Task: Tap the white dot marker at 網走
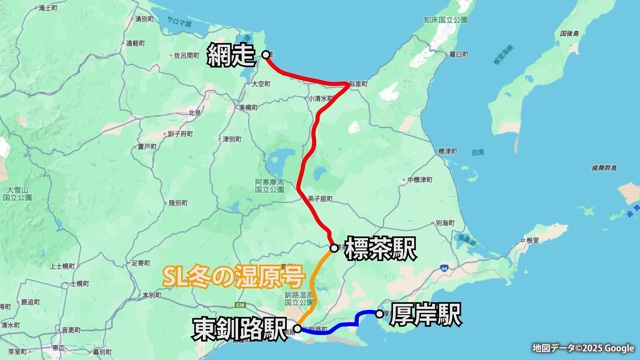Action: (x=266, y=54)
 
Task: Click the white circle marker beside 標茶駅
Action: (x=334, y=247)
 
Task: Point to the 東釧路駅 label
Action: (x=240, y=328)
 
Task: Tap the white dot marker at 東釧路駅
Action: (x=297, y=328)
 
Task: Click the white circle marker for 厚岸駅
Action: (x=379, y=314)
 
